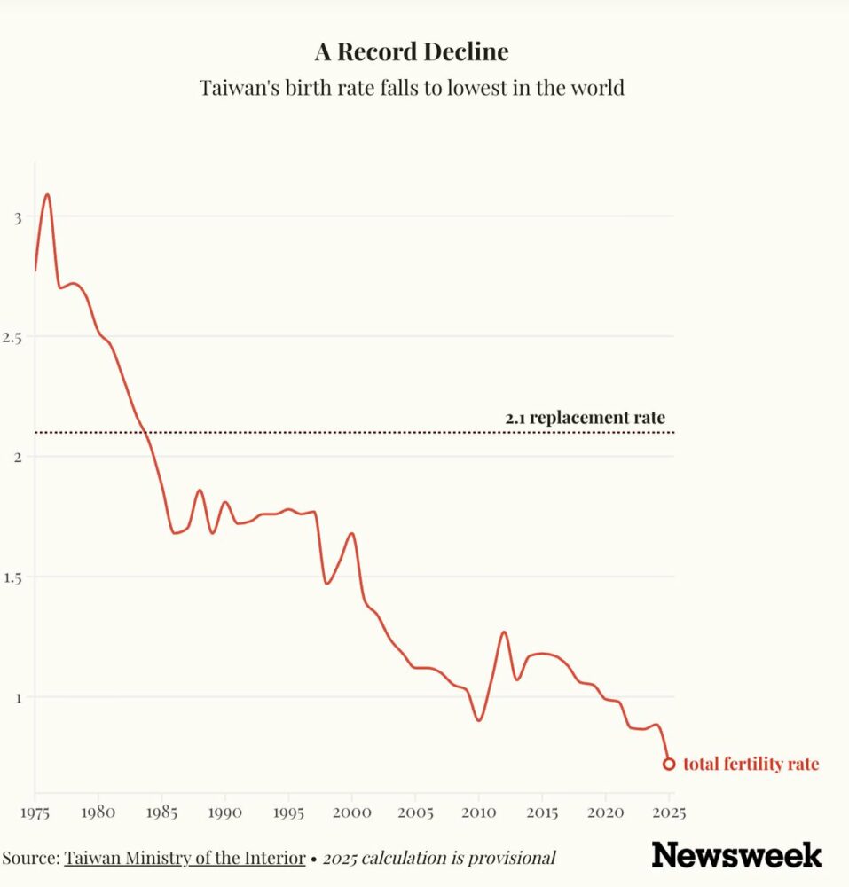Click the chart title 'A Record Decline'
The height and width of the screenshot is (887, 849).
pos(412,52)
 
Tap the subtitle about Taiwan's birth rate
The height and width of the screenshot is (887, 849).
pos(412,89)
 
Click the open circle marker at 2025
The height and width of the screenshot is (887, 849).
pos(669,764)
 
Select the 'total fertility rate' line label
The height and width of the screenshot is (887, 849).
pos(751,765)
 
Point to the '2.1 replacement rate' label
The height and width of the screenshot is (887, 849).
pos(585,418)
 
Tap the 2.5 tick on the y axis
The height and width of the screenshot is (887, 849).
pos(12,337)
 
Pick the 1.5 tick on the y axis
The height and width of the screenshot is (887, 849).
pos(12,577)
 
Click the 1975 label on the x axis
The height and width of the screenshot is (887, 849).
pos(35,812)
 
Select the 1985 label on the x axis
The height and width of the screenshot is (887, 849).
pos(162,812)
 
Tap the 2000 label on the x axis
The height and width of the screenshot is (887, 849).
pos(352,812)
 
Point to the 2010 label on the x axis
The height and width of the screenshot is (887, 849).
pos(479,812)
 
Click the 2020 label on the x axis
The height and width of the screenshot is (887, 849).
pos(606,812)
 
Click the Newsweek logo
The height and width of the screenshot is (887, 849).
pos(736,855)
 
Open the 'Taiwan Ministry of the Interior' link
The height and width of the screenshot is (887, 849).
pos(185,858)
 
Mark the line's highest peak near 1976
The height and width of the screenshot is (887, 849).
pos(48,194)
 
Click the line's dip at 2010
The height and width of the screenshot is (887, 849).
pos(479,720)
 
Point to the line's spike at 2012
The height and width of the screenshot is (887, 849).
pos(504,632)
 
